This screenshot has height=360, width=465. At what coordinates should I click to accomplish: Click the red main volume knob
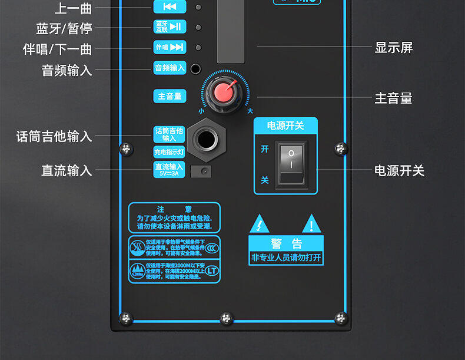pyautogui.click(x=224, y=92)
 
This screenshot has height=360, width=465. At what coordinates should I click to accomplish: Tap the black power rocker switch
pyautogui.click(x=291, y=160)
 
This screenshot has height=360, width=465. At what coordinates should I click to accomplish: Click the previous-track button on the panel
pyautogui.click(x=170, y=7)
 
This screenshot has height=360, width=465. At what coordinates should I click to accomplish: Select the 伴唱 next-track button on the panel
pyautogui.click(x=170, y=47)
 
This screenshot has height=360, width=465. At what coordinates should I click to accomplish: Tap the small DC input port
pyautogui.click(x=204, y=171)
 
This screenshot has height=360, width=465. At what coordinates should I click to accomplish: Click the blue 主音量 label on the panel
pyautogui.click(x=170, y=96)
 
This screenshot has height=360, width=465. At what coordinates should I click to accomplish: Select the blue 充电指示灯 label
pyautogui.click(x=170, y=152)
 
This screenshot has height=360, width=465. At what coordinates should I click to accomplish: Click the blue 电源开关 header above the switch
pyautogui.click(x=285, y=125)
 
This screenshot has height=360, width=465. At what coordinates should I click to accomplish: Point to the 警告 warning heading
pyautogui.click(x=286, y=244)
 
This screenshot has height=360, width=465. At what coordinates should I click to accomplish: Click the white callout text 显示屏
pyautogui.click(x=394, y=48)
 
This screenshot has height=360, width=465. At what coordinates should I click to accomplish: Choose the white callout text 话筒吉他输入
pyautogui.click(x=54, y=137)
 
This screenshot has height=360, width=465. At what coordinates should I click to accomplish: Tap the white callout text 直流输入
pyautogui.click(x=67, y=171)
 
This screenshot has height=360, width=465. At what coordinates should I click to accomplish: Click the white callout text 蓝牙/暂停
pyautogui.click(x=64, y=28)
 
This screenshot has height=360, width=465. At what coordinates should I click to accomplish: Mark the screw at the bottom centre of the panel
pyautogui.click(x=227, y=319)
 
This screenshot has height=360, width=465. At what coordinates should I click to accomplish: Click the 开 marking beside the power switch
pyautogui.click(x=265, y=150)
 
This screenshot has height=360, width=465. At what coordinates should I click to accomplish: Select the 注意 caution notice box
pyautogui.click(x=174, y=217)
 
